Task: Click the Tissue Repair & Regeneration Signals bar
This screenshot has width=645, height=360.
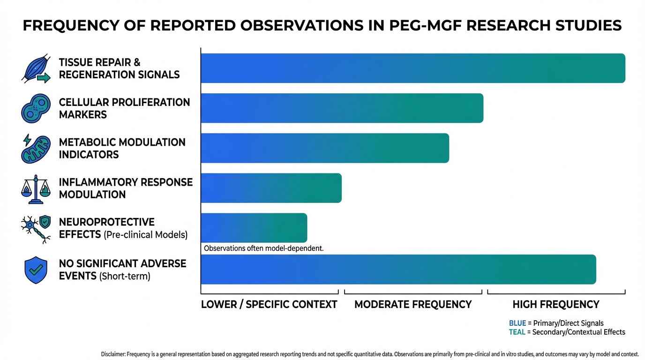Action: [x=412, y=68]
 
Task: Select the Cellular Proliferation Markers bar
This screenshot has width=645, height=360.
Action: [x=342, y=108]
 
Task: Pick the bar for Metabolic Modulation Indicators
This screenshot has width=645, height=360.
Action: [x=324, y=148]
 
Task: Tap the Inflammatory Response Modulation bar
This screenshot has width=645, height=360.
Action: [x=271, y=188]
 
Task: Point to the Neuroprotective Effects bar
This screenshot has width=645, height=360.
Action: [x=254, y=228]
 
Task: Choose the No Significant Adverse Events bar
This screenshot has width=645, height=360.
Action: [x=398, y=270]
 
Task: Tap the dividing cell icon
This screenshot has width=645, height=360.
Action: [x=36, y=108]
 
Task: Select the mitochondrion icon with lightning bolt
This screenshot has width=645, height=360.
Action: [x=35, y=149]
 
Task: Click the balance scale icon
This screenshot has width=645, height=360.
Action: [x=36, y=188]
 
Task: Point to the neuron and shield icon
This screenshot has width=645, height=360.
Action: [x=36, y=229]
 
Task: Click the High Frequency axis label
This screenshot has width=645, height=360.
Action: [x=555, y=305]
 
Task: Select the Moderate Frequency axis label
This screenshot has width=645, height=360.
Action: [x=412, y=305]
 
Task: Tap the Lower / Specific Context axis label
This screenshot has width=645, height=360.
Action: [x=269, y=305]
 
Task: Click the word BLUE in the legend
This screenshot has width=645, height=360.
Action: [x=517, y=323]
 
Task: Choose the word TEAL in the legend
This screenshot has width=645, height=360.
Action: [x=517, y=332]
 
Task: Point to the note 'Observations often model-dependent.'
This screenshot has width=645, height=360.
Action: [x=263, y=248]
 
